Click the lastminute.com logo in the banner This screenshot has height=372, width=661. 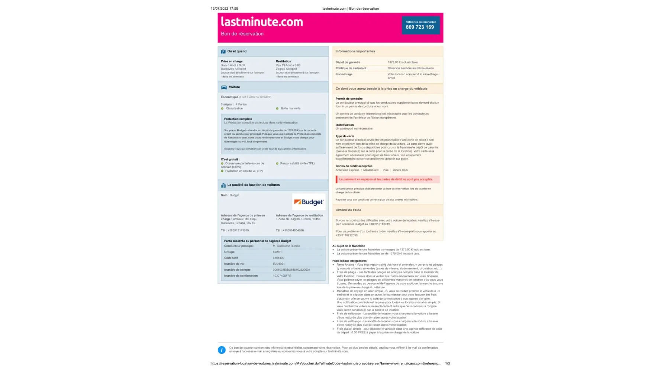pos(262,22)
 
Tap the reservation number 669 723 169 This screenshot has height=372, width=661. pos(420,27)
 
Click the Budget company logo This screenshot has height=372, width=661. pos(309,202)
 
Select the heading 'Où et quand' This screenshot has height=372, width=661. pos(237,51)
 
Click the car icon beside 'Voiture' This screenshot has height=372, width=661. pos(224,87)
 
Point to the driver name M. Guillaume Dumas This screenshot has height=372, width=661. pos(286,246)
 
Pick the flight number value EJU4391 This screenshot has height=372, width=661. pos(279,264)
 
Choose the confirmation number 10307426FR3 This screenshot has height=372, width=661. pos(282,276)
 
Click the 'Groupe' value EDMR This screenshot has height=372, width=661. pos(277,252)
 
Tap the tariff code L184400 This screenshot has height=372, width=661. pos(278,258)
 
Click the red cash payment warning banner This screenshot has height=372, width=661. pos(387,179)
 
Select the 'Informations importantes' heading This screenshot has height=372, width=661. pos(355,51)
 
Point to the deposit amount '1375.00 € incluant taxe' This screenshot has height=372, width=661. pos(403,62)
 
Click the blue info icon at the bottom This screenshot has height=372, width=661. pos(222,350)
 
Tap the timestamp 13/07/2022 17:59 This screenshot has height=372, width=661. pos(225,9)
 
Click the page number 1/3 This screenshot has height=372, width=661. pos(448,363)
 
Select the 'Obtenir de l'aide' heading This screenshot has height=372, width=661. pos(348,210)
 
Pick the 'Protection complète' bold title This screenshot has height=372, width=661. pos(238,119)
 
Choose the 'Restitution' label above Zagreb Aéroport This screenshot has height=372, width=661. pos(283,61)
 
